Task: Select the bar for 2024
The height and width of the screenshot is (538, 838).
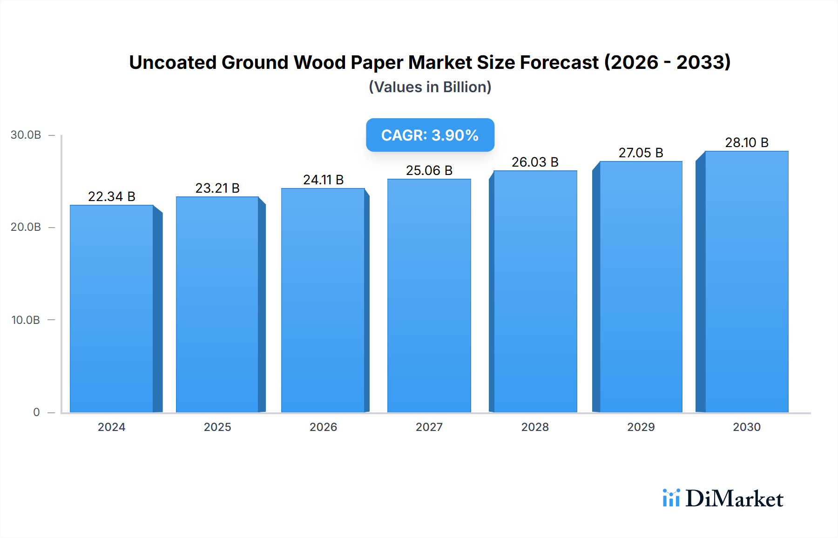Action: point(112,309)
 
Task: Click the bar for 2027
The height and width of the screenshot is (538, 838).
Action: point(429,296)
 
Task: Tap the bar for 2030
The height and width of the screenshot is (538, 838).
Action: point(746,282)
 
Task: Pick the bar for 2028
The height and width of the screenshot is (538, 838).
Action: point(535,291)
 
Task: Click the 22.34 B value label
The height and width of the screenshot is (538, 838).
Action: point(112,196)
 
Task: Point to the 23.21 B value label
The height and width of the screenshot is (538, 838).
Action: point(217,188)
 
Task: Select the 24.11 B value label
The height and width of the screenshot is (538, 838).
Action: point(323,180)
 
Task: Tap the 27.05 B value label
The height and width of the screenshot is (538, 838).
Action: point(641,153)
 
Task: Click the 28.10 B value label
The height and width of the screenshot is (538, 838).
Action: point(746,142)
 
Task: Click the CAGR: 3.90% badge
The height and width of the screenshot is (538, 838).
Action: point(430,135)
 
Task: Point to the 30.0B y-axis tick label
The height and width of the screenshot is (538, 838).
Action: point(26,135)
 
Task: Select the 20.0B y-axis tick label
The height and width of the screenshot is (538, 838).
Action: point(26,227)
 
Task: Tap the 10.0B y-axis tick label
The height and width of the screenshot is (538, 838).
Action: point(26,320)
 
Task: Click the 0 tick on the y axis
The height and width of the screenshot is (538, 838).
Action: point(36,412)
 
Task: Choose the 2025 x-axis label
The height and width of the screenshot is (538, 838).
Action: point(217,427)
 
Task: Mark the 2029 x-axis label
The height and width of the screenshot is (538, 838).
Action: point(641,427)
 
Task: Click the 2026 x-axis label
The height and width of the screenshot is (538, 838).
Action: point(323,427)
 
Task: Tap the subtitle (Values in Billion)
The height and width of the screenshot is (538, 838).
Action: point(430,87)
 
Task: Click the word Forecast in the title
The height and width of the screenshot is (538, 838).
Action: point(559,62)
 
